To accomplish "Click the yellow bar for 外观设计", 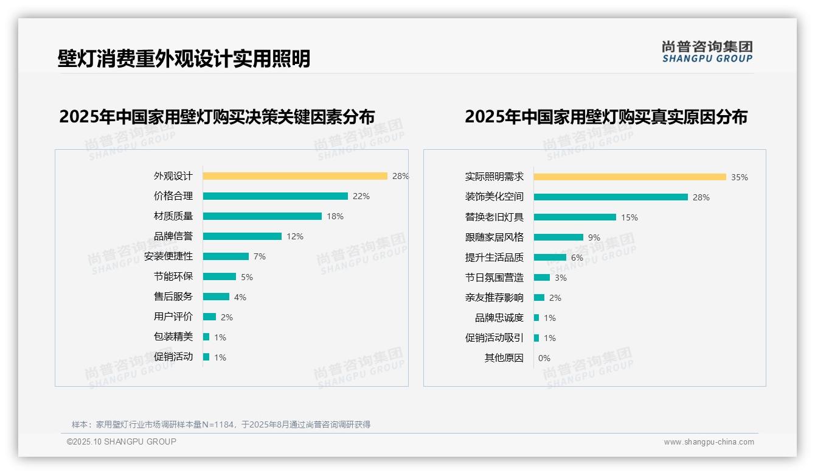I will [x=295, y=176].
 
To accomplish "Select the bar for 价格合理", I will [x=275, y=196].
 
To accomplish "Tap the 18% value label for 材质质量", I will [x=335, y=216].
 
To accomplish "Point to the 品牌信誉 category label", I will [x=173, y=236].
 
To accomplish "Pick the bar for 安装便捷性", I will [x=226, y=256].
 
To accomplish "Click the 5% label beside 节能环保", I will [x=247, y=277].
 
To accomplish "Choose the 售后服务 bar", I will [x=216, y=297].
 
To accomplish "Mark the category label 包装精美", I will [x=173, y=337].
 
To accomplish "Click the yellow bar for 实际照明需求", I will [x=629, y=177].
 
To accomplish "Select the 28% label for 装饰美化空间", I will [x=701, y=197].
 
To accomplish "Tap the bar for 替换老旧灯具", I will [x=575, y=217].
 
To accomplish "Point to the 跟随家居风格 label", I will [x=494, y=237].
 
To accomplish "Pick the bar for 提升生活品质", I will [x=550, y=258].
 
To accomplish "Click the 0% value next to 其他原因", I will [x=544, y=358].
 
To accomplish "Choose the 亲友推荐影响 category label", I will [x=494, y=298].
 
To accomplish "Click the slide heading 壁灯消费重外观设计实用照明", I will [x=184, y=58].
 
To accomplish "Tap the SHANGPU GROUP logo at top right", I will [x=707, y=52].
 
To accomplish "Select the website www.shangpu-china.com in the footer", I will [x=709, y=442].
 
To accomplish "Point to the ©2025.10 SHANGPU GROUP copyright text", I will [x=122, y=442].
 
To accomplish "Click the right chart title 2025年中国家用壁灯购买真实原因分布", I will [x=606, y=116].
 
